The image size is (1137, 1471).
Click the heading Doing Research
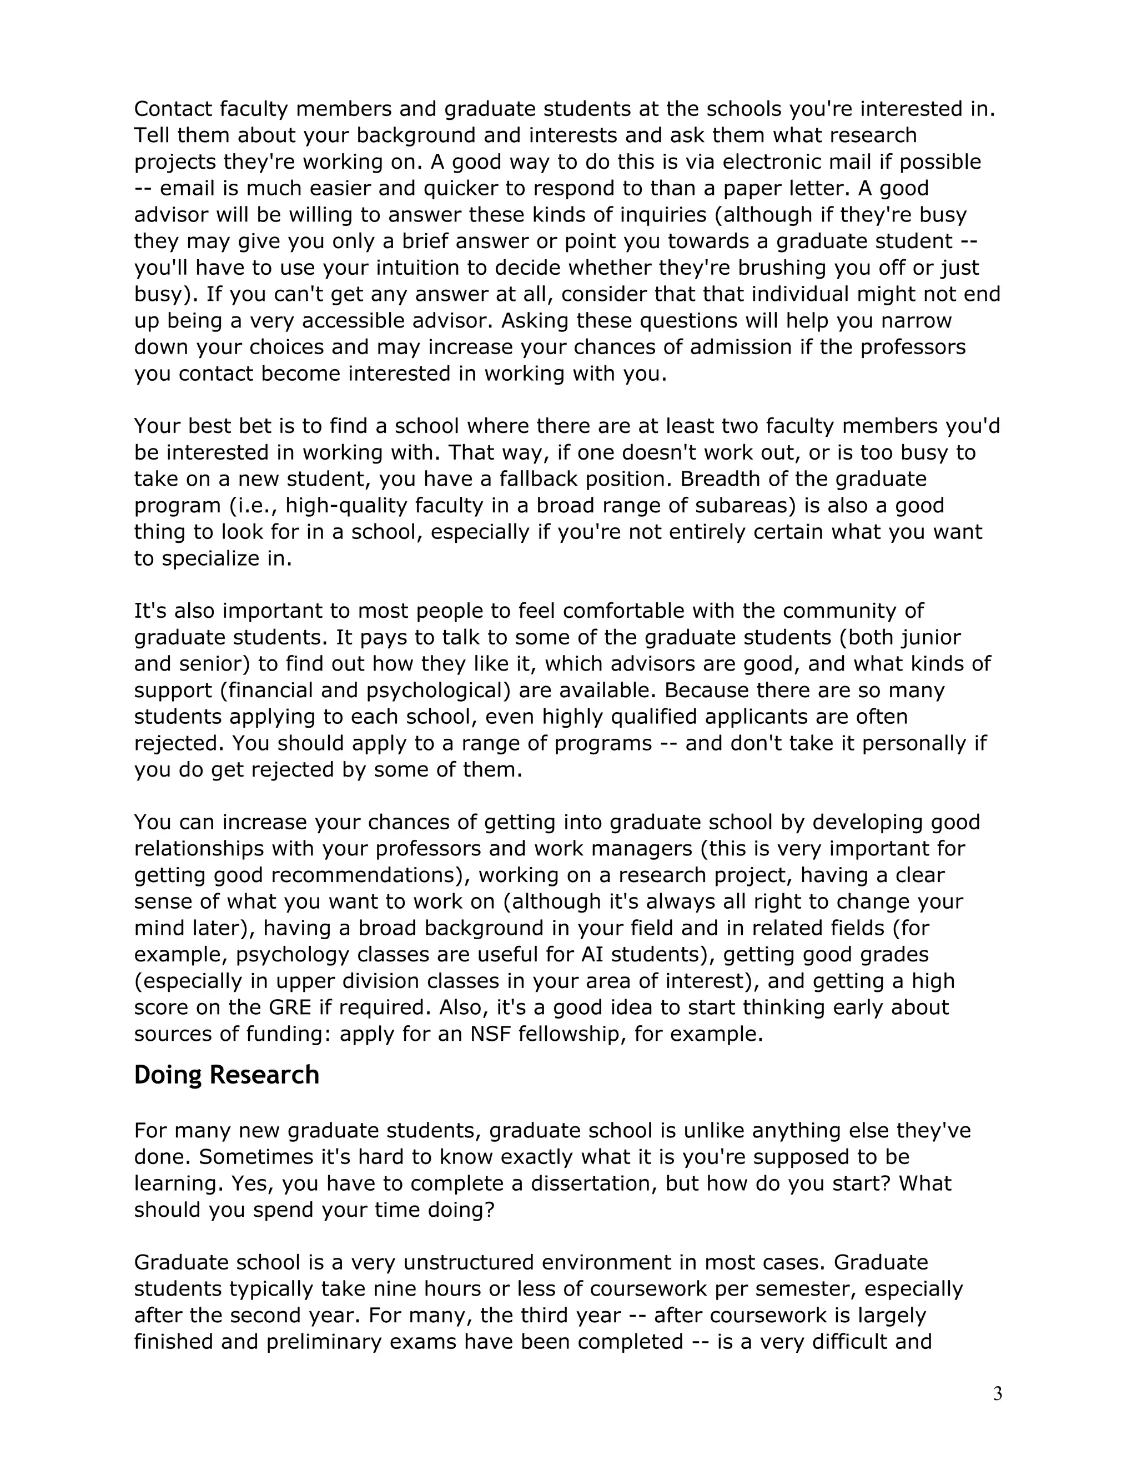227,1075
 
